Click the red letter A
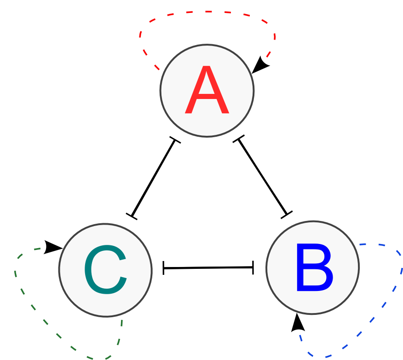207,91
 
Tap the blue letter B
314,268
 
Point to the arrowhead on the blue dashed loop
298,323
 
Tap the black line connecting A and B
262,177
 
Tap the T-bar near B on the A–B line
287,214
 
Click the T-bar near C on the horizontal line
164,268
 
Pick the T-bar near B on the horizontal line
253,267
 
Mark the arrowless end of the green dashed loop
122,320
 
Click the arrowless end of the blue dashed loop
361,244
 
